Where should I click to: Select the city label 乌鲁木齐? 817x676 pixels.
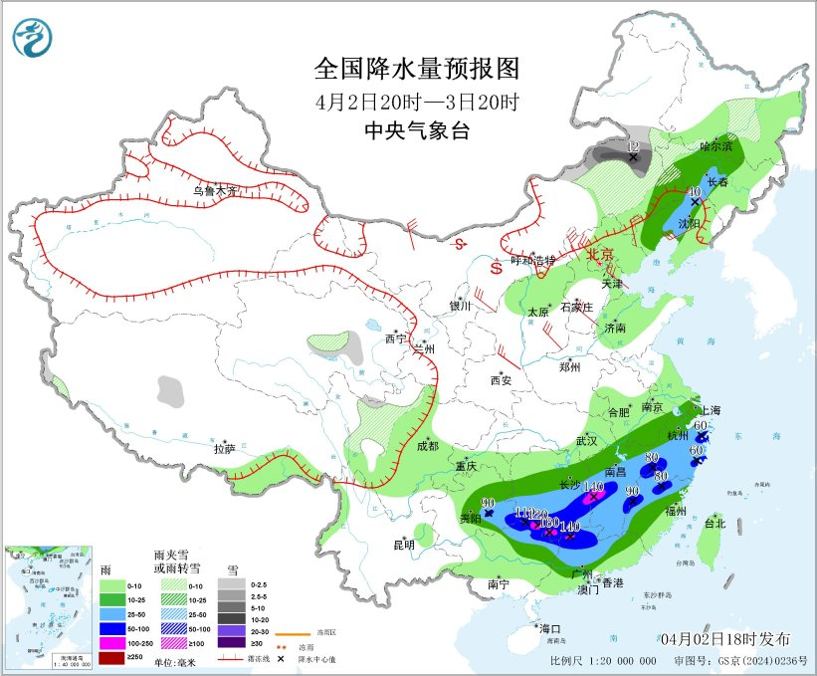click(x=216, y=189)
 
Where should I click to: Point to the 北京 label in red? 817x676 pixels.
click(x=601, y=255)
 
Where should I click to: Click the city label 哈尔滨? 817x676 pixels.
click(x=715, y=146)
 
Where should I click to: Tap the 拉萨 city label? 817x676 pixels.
click(x=224, y=449)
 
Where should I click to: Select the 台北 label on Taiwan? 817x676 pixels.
click(x=715, y=523)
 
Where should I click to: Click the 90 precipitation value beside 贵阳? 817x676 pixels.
click(x=488, y=503)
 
